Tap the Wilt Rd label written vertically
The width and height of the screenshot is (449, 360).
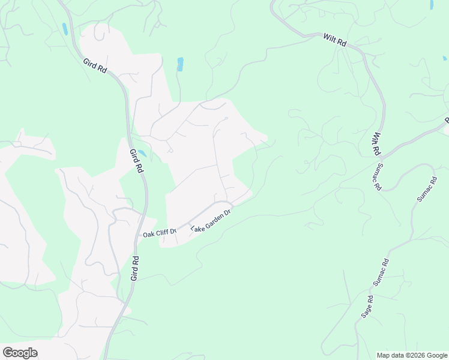(378, 144)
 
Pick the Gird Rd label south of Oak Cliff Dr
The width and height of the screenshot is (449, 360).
(135, 268)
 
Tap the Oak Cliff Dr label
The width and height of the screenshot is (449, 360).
(159, 232)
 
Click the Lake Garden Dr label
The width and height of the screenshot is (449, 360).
(211, 221)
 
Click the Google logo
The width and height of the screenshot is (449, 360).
(20, 353)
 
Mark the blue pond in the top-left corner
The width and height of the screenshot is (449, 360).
(64, 29)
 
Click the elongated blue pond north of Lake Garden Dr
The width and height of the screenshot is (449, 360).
(180, 64)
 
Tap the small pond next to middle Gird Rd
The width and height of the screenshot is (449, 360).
(142, 154)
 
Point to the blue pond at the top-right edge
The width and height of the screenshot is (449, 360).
(432, 4)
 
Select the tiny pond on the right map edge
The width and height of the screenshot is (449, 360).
(445, 58)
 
